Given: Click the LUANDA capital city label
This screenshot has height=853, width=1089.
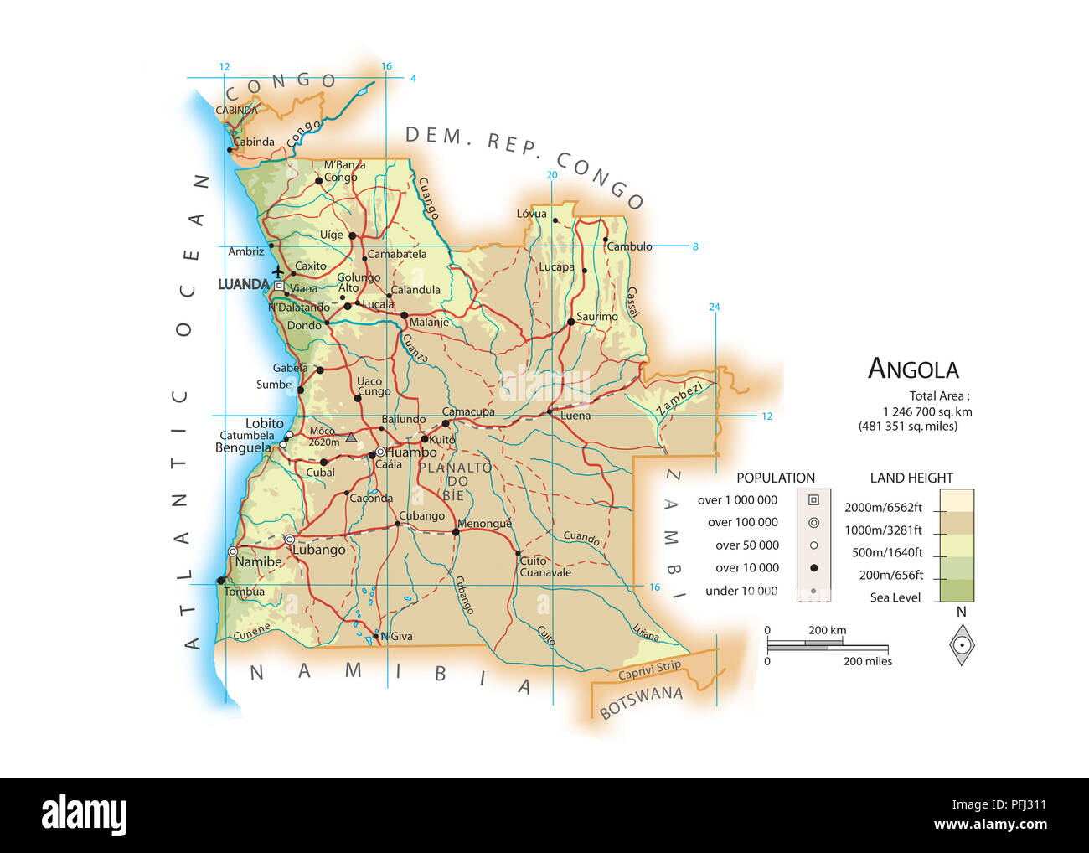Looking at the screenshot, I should point(243,285).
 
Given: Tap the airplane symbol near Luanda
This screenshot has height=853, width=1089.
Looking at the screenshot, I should point(278,271).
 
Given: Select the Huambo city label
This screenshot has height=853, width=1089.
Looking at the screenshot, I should point(410,452).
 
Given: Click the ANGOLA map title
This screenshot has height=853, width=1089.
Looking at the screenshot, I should point(913,369).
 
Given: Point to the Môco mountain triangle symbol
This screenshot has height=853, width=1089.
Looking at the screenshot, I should point(351,437).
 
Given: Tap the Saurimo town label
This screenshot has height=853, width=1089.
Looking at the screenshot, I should point(596,317).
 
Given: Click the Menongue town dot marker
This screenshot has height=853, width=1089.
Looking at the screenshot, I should point(456,532).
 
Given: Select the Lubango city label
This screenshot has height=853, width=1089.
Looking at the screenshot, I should point(319,550).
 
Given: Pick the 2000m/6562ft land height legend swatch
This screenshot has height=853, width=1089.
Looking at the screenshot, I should point(957,500).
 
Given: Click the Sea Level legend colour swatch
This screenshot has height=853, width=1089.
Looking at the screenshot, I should point(957,592).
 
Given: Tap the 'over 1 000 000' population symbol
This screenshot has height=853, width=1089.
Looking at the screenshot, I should point(813,500).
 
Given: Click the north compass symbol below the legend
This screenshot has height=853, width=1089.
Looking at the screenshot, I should point(962,645).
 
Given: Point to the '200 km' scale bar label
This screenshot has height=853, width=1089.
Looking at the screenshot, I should point(827,630).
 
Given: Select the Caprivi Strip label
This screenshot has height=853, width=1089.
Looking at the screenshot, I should point(649,670).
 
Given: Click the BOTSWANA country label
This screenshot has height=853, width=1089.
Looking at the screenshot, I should point(641,702).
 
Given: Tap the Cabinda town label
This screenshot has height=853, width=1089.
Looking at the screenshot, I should point(254,142).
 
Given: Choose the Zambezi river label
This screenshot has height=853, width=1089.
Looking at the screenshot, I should point(679,398).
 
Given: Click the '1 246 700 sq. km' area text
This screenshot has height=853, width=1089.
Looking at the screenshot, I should point(927,411).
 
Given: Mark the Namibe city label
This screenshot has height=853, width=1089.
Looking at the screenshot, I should point(258,561).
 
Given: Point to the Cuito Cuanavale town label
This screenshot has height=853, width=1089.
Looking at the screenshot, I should point(544,567).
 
